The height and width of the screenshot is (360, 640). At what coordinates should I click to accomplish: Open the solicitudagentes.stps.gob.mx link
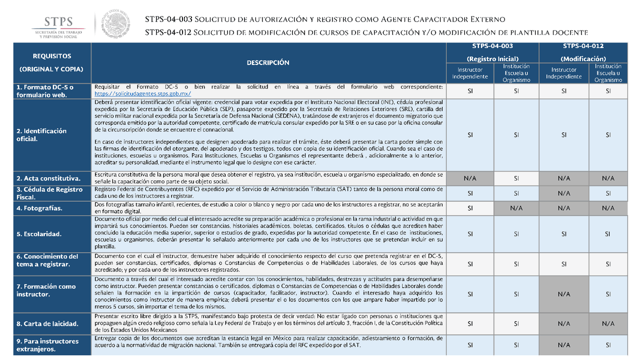[x=142, y=93]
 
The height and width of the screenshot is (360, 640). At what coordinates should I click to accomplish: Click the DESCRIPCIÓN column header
[x=268, y=62]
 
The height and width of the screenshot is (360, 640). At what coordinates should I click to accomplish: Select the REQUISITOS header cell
[x=52, y=62]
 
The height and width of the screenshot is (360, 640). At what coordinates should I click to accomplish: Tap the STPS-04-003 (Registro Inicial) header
[x=492, y=52]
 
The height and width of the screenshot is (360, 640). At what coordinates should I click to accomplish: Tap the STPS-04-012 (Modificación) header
[x=583, y=52]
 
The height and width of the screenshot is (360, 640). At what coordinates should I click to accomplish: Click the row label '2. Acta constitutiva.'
[x=48, y=178]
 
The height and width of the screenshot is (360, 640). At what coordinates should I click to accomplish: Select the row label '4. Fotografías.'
[x=39, y=208]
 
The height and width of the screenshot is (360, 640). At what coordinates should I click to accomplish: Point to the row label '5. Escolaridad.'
[x=39, y=233]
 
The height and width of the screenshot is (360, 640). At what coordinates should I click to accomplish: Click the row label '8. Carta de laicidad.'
[x=47, y=323]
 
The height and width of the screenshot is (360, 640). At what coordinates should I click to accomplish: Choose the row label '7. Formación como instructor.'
[x=46, y=290]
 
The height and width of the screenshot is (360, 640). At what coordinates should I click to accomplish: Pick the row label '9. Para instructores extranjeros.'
[x=47, y=345]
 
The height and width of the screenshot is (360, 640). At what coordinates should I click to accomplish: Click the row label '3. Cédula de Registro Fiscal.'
[x=49, y=193]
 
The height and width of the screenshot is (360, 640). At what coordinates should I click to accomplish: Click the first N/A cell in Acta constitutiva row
[x=469, y=178]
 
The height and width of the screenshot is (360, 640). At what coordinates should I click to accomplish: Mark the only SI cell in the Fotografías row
[x=469, y=208]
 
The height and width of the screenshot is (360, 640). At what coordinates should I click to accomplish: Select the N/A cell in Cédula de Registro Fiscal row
[x=563, y=193]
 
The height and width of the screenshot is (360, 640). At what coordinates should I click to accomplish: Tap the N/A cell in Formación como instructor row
[x=563, y=294]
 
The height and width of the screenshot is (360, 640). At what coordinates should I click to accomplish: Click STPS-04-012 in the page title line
[x=167, y=32]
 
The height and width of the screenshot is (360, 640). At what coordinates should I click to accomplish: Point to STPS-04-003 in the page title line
[x=168, y=19]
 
